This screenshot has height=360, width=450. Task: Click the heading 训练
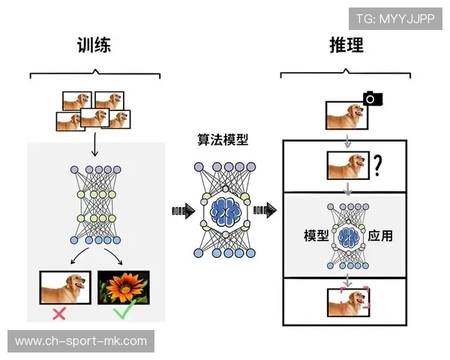(94, 45)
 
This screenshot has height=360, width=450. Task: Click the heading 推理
(346, 45)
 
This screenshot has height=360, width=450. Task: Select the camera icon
(372, 98)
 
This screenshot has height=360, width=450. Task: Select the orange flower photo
(124, 287)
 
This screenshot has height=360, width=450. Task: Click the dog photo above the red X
(64, 287)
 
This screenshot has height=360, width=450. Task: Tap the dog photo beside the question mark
(348, 165)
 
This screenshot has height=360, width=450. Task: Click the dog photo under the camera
(345, 118)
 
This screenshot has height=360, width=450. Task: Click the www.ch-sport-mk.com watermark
(81, 341)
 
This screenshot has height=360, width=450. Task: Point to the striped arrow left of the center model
(182, 211)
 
